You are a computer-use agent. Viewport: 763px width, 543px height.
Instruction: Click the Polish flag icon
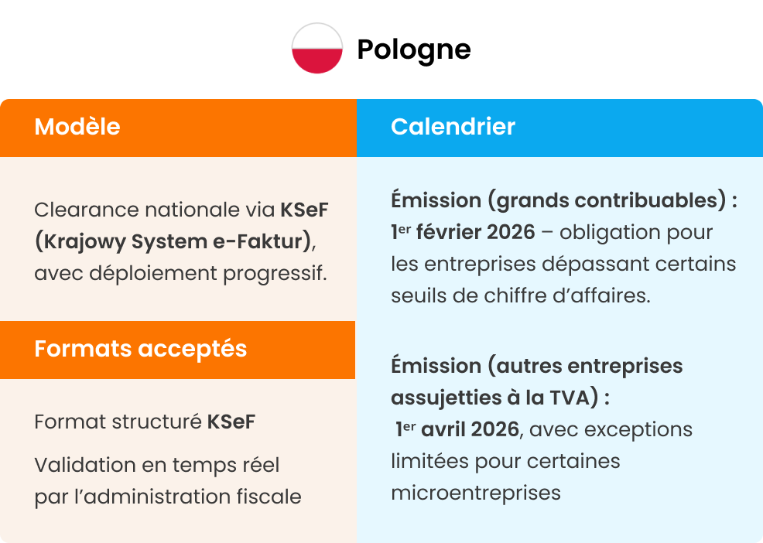coord(317,49)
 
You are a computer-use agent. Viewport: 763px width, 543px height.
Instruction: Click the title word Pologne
coord(413,50)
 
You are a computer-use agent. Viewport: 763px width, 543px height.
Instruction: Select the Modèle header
coord(77,127)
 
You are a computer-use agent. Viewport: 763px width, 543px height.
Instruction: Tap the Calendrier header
coord(453,127)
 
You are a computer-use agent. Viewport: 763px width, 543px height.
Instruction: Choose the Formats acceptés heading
coord(140,349)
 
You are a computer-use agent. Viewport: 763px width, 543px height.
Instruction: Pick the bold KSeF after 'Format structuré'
coord(231,422)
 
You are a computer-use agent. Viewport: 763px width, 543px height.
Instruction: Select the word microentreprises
coord(475,493)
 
